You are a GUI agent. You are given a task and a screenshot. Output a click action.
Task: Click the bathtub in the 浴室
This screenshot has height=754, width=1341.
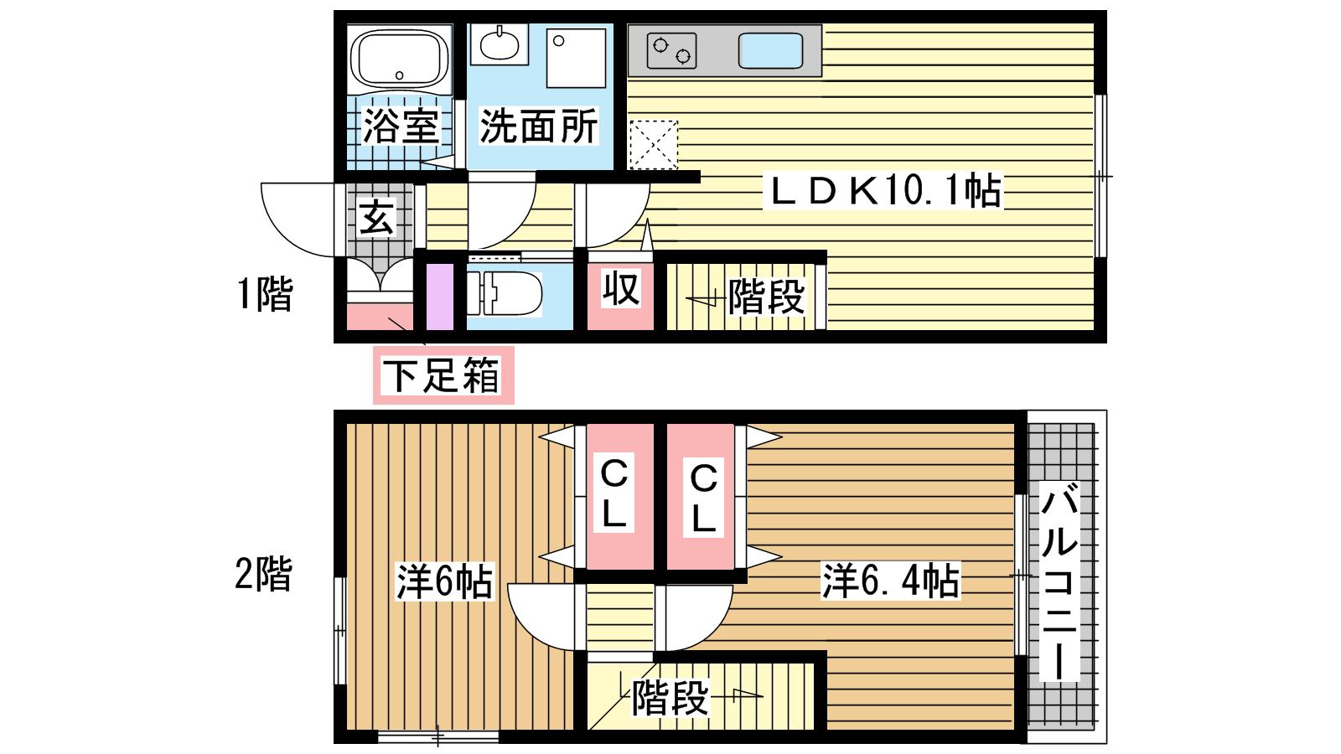[399, 59]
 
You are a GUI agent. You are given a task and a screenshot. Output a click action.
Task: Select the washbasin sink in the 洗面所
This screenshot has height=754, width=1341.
[500, 44]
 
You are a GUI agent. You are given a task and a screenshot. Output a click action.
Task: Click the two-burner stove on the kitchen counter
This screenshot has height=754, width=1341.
[671, 51]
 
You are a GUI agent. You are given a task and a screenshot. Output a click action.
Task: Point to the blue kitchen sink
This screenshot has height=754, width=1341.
[770, 50]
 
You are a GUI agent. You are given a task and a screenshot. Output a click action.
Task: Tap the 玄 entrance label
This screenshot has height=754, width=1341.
[376, 218]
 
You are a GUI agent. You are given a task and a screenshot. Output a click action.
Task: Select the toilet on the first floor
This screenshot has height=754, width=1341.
[504, 293]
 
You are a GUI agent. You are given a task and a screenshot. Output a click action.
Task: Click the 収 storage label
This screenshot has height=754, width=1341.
[621, 288]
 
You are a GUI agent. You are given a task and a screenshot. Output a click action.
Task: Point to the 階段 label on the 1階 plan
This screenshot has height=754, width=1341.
[766, 297]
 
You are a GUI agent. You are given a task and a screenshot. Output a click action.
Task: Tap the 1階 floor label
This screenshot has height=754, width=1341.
[265, 294]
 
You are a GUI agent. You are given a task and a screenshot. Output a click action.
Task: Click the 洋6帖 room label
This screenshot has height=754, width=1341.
[445, 581]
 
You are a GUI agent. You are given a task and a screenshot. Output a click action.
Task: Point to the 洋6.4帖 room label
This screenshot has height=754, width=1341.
[891, 580]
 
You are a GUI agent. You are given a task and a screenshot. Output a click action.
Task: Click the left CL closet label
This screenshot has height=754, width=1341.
[614, 493]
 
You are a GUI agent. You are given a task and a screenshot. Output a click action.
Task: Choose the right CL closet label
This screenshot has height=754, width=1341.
[703, 498]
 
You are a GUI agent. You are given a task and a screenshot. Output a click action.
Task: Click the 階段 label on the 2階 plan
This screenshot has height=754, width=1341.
[670, 697]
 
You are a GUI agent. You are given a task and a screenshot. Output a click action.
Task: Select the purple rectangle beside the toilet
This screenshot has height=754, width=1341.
[440, 297]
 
